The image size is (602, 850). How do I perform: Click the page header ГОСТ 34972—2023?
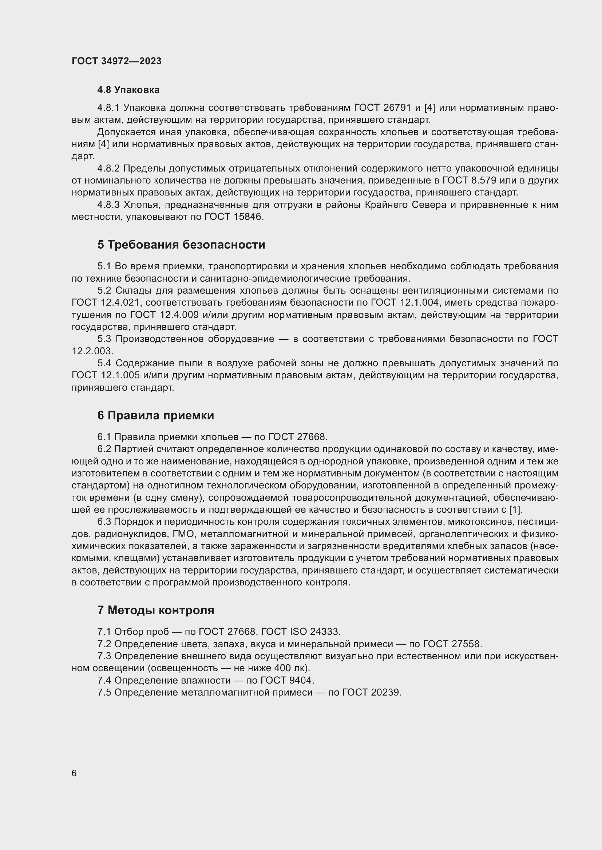116,61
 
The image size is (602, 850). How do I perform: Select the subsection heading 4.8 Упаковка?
128,90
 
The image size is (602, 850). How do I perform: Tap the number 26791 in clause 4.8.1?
396,108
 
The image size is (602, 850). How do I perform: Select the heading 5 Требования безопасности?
181,245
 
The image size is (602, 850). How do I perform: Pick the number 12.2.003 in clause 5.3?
92,351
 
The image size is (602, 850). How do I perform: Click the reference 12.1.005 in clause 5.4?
120,375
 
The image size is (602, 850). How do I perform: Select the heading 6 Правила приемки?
156,416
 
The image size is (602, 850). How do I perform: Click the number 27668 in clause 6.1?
312,437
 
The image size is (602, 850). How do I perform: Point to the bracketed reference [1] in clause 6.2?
516,510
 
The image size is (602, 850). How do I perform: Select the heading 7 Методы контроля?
156,610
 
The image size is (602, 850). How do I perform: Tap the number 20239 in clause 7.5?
386,692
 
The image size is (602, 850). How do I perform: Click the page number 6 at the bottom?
74,773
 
